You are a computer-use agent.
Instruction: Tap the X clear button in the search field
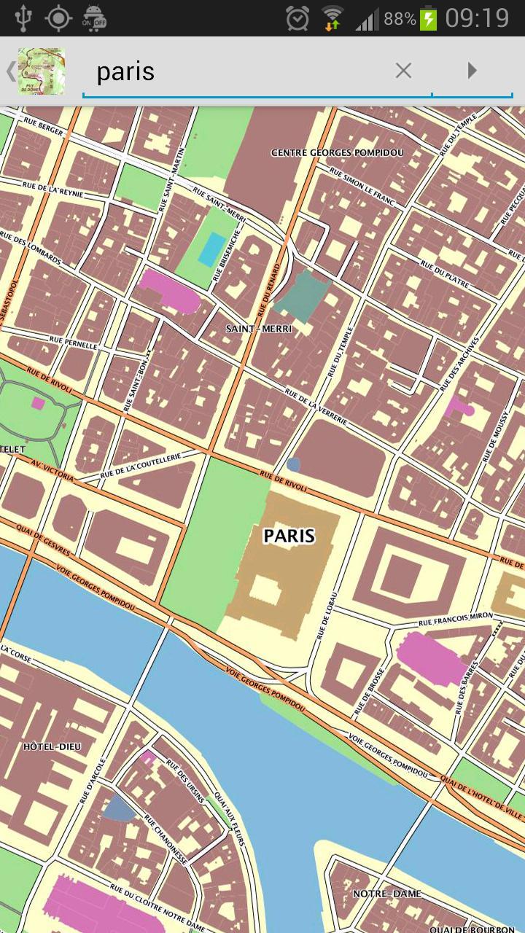coord(403,71)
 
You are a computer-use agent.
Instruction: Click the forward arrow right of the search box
coord(472,71)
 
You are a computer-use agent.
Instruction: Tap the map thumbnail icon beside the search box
coord(42,71)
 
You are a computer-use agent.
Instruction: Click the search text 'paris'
coord(125,71)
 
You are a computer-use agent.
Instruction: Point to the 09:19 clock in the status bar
coord(477,17)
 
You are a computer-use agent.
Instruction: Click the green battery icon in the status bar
coord(429,18)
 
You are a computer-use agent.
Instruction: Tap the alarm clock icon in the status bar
coord(297,18)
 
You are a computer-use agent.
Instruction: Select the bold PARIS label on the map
coord(289,536)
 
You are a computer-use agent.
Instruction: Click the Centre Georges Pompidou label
coord(337,152)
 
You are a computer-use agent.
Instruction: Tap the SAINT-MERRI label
coord(259,329)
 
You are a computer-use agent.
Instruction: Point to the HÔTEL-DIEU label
coord(52,746)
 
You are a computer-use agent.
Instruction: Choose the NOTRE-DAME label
coord(386,893)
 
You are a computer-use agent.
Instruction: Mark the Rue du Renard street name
coord(269,292)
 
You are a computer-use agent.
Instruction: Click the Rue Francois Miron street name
coord(456,620)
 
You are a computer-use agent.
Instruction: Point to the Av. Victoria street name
coord(52,470)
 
